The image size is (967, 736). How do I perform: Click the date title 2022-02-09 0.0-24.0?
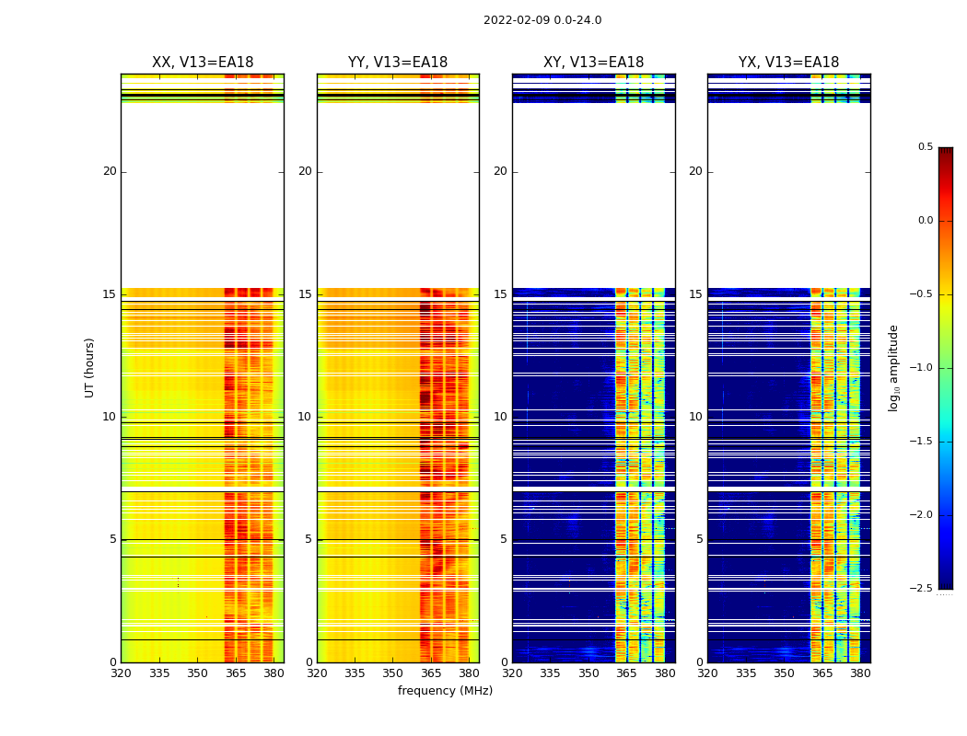tap(542, 20)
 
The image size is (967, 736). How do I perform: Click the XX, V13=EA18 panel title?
tap(203, 63)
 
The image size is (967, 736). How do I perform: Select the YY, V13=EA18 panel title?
tap(398, 63)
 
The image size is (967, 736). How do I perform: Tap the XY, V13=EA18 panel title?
tap(593, 63)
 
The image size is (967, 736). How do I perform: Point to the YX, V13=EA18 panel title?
tap(788, 63)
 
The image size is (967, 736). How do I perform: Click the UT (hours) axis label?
tap(90, 367)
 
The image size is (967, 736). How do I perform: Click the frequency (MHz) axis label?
tap(445, 691)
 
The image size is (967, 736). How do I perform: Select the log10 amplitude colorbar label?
tap(893, 367)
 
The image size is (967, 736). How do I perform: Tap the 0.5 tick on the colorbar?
tap(925, 147)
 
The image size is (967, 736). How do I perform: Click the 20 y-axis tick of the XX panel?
tap(110, 171)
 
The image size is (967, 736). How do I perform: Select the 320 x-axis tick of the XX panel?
tap(121, 673)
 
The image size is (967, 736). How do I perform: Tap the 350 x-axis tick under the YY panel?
tap(393, 673)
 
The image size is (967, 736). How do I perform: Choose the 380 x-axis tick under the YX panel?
tap(860, 673)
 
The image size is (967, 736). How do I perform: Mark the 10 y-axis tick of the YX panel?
tap(696, 417)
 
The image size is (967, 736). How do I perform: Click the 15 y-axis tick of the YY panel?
tap(305, 294)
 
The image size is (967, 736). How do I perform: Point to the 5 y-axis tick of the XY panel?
tap(504, 539)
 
